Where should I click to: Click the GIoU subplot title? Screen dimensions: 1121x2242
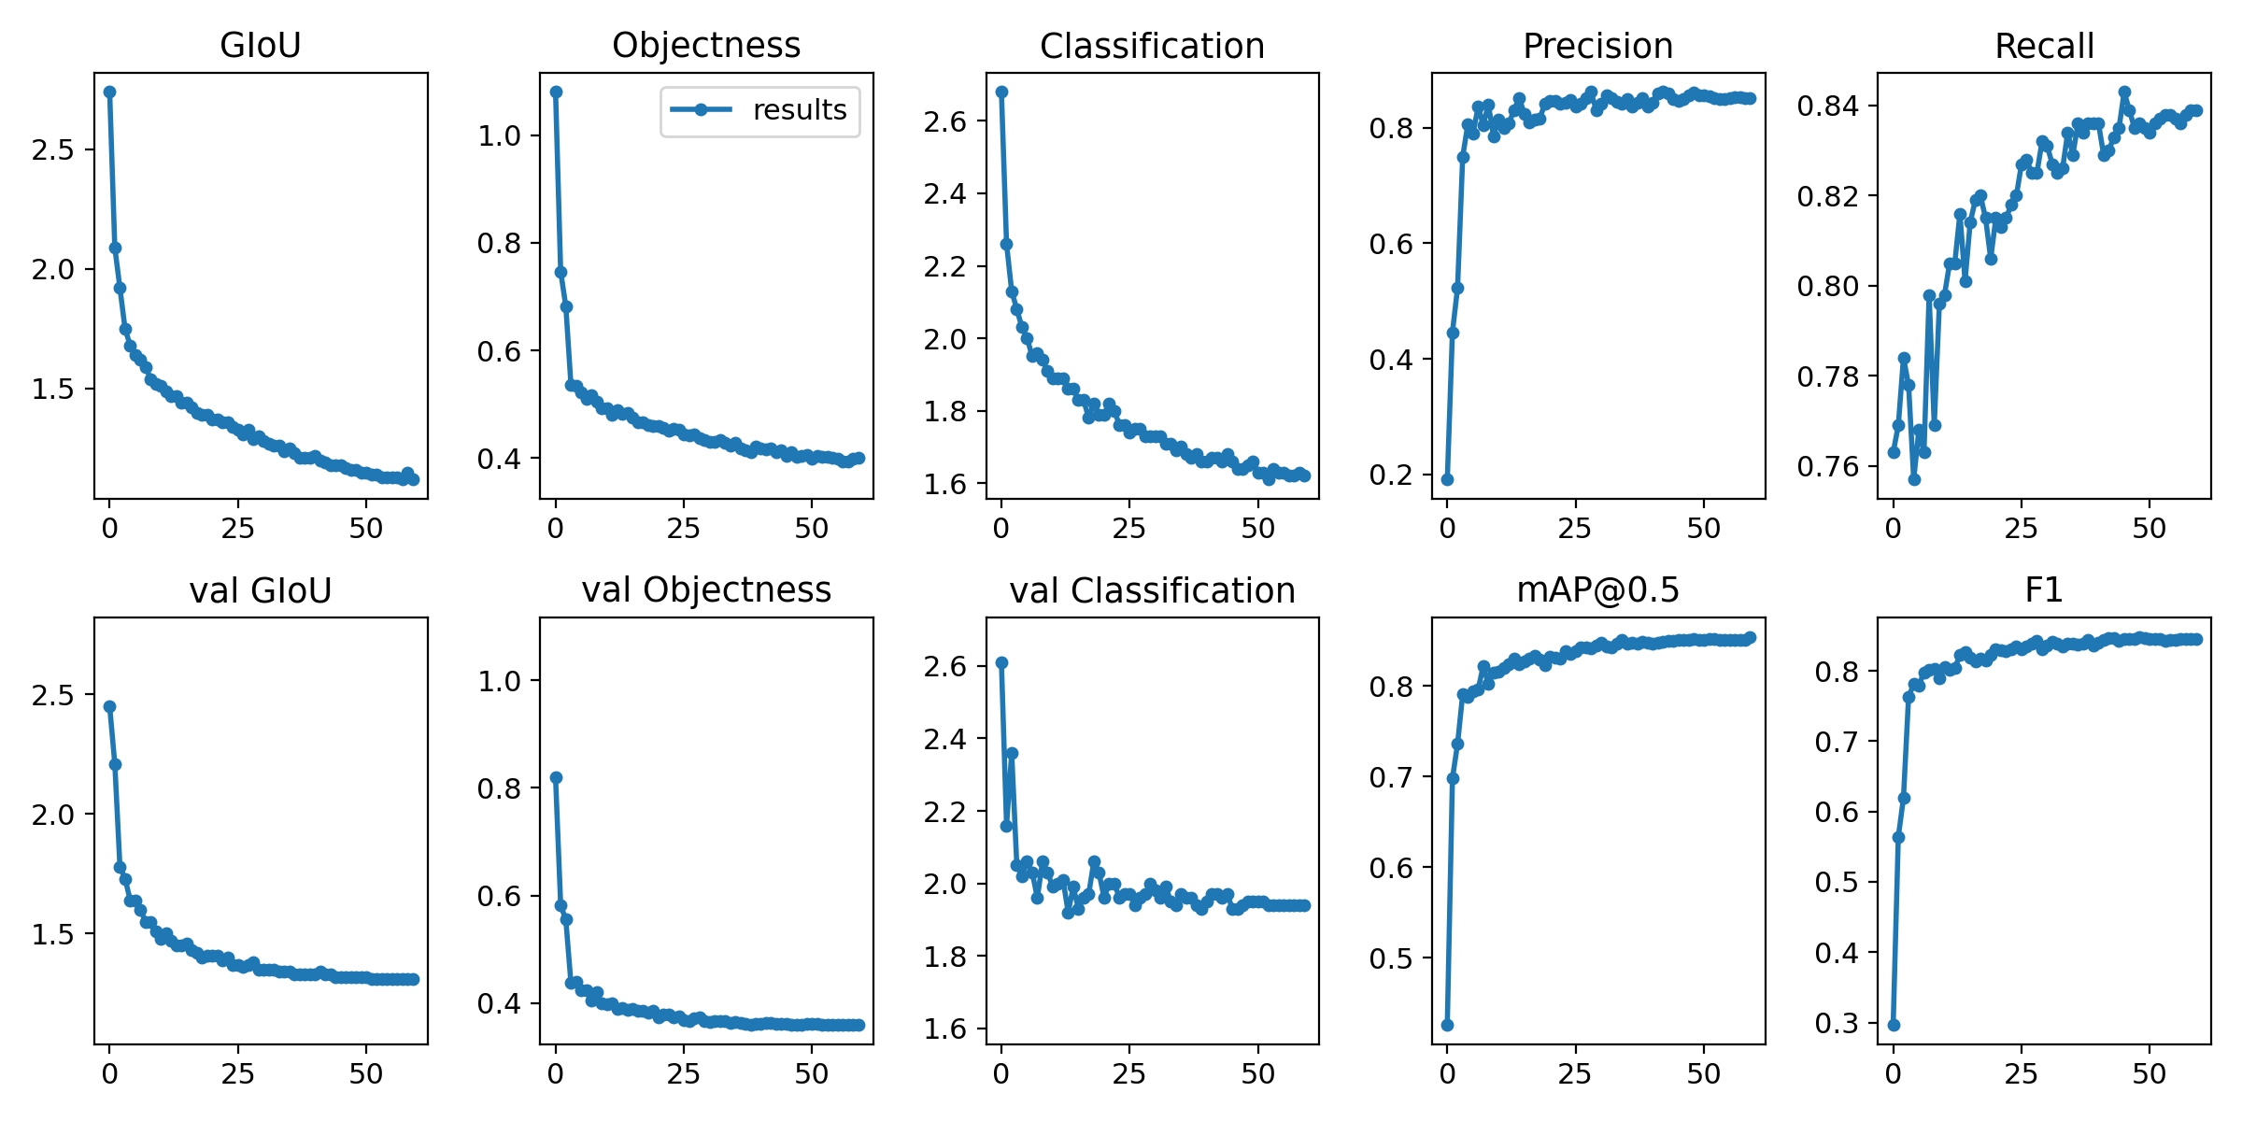[260, 45]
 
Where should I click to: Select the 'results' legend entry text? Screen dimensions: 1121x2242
[800, 110]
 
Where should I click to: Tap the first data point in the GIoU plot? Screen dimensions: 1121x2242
[109, 92]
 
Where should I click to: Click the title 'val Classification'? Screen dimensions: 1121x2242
[1152, 590]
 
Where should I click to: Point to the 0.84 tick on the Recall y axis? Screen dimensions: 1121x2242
[1829, 106]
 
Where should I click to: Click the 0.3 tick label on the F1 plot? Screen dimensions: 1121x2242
[1837, 1023]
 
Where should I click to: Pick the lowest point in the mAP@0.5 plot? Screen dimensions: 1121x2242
[1447, 1025]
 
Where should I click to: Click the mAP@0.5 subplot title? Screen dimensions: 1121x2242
[1597, 589]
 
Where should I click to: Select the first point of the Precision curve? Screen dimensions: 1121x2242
[1447, 479]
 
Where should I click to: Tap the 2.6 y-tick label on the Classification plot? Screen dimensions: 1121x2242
[945, 121]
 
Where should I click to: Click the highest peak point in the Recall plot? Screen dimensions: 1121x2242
[2124, 92]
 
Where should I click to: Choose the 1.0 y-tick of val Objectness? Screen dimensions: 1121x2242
[499, 680]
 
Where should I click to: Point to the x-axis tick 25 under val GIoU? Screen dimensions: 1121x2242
[237, 1073]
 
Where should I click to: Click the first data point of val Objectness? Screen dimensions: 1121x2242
[556, 777]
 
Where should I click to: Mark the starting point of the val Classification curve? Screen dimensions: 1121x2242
[1001, 662]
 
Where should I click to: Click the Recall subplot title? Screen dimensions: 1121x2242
[2044, 46]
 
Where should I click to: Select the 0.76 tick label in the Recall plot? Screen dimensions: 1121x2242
[1829, 466]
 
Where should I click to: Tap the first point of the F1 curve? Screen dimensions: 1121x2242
[1894, 1025]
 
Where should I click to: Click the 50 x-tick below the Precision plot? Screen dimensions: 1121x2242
[1703, 529]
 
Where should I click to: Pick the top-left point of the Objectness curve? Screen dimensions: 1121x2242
[556, 92]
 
